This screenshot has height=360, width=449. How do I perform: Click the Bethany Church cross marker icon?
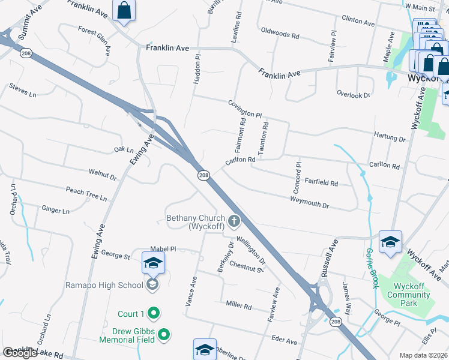[x=234, y=221]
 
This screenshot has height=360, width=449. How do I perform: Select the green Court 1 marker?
[x=153, y=313]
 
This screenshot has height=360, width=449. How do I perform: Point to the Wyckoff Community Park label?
[x=408, y=290]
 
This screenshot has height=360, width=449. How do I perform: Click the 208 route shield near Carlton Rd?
[x=203, y=175]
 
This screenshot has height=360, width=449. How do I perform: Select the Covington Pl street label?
[x=245, y=109]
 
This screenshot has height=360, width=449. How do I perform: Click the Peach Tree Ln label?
[x=86, y=193]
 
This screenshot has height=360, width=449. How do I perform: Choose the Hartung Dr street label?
[x=390, y=137]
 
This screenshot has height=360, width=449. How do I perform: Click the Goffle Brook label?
[x=371, y=268]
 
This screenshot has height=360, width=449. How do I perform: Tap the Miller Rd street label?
[x=238, y=305]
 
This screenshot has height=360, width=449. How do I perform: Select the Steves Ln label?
[x=23, y=90]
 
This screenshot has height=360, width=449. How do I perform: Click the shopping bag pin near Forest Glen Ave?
[x=124, y=11]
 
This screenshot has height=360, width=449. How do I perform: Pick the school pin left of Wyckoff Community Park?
[x=390, y=242]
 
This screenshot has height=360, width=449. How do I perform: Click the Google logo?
[x=20, y=353]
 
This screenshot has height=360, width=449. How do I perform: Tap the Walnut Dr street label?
[x=103, y=175]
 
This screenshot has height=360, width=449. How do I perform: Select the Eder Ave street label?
[x=284, y=341]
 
